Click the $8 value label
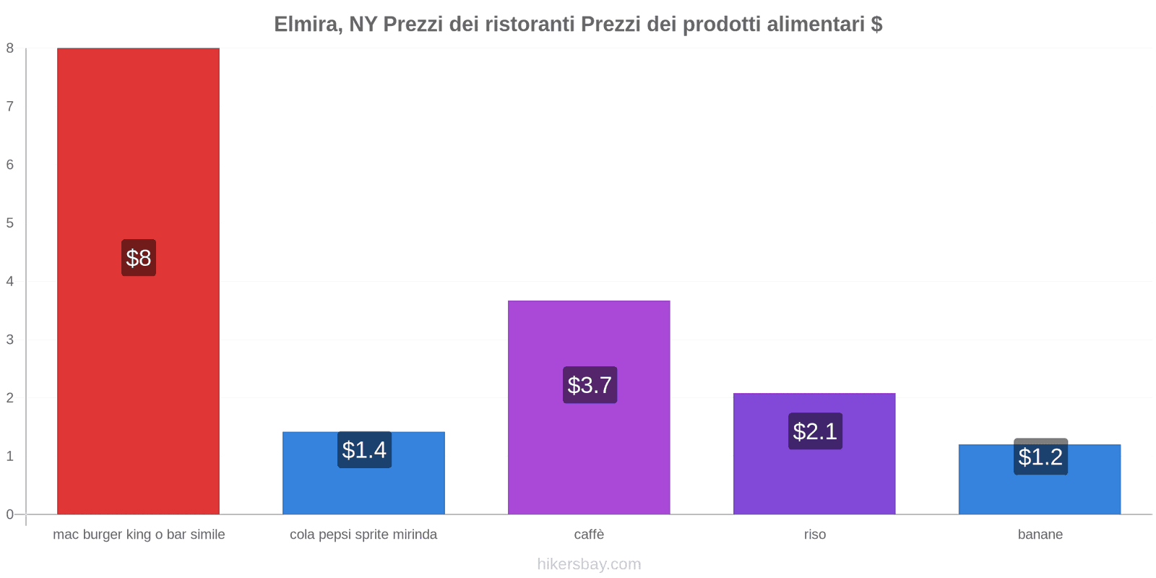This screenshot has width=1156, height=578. [139, 258]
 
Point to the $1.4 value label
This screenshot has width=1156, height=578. [364, 450]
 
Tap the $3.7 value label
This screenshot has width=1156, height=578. [590, 385]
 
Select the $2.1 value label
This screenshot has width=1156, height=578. [815, 431]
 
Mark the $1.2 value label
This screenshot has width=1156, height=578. [1040, 457]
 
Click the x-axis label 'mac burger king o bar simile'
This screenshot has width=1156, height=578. [139, 535]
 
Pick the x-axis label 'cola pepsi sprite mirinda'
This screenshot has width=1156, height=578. [363, 535]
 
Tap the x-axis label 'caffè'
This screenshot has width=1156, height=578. [589, 535]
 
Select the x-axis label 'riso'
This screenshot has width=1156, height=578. [815, 535]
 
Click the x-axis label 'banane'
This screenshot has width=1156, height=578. [1040, 535]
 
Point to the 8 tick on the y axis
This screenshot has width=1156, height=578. [10, 48]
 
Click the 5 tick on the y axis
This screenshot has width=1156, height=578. [10, 223]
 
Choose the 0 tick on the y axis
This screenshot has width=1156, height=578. [10, 514]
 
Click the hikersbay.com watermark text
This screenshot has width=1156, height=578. [589, 564]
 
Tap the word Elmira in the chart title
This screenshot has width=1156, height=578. [308, 25]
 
